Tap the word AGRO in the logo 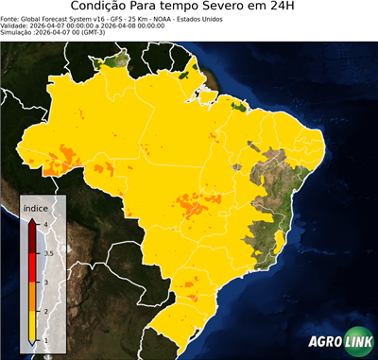pyautogui.click(x=323, y=342)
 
